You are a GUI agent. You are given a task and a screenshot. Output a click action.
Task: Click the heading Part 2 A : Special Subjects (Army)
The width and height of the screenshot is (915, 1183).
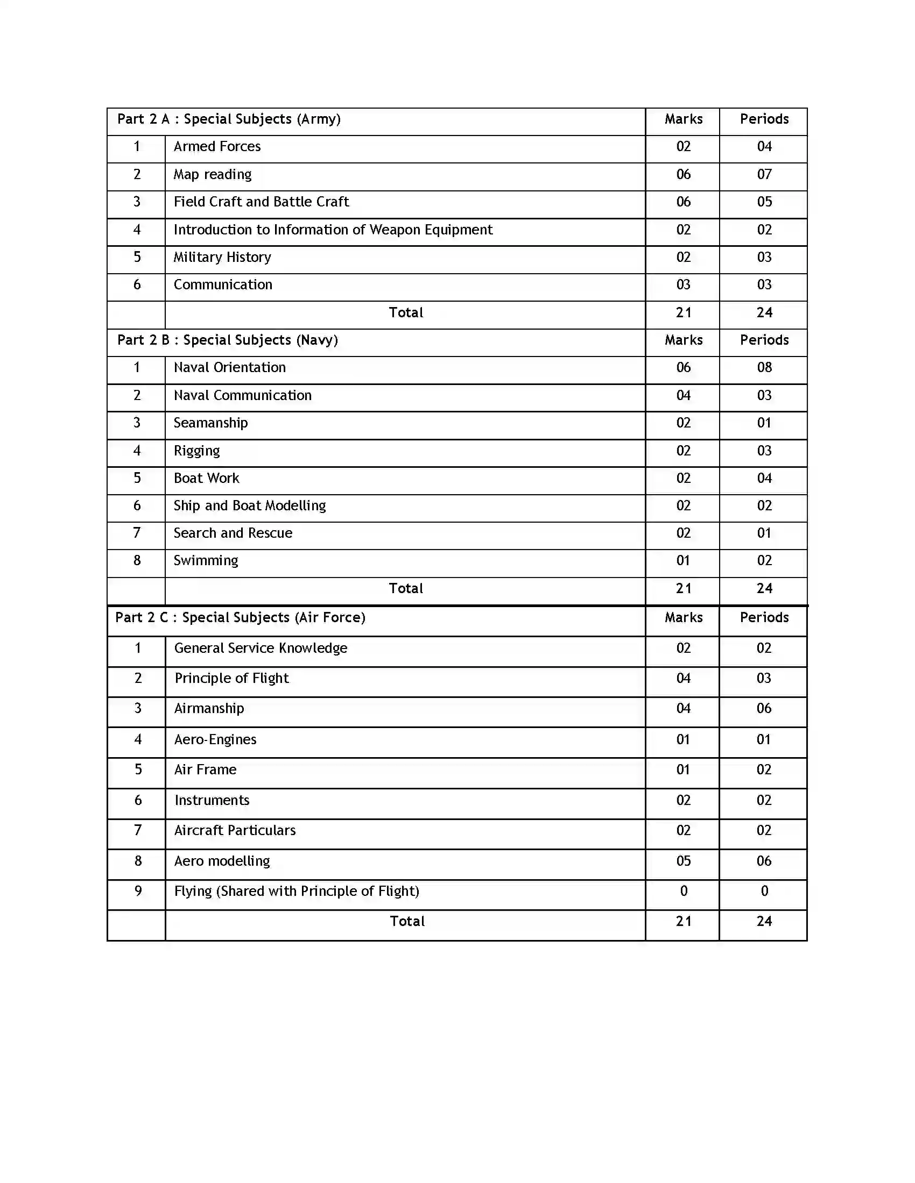pyautogui.click(x=229, y=119)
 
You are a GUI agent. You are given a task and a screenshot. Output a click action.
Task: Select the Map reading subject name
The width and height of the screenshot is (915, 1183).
pyautogui.click(x=213, y=174)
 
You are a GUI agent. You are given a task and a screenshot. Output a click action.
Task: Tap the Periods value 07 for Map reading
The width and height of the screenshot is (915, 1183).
pyautogui.click(x=764, y=174)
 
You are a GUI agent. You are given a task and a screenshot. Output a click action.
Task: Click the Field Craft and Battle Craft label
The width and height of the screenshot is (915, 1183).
pyautogui.click(x=261, y=202)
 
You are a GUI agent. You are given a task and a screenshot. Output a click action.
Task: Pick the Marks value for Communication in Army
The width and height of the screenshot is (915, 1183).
pyautogui.click(x=683, y=285)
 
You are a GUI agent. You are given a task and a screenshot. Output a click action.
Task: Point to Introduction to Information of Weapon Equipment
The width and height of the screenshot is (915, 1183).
pyautogui.click(x=333, y=230)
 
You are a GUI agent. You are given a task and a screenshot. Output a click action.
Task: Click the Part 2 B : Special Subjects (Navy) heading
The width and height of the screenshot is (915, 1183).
pyautogui.click(x=227, y=340)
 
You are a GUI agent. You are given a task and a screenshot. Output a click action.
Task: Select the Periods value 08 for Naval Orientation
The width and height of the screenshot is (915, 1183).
pyautogui.click(x=764, y=368)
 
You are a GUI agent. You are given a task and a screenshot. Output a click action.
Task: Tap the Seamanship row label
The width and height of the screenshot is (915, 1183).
pyautogui.click(x=210, y=423)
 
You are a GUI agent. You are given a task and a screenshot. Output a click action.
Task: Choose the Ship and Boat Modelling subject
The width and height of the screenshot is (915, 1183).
pyautogui.click(x=249, y=506)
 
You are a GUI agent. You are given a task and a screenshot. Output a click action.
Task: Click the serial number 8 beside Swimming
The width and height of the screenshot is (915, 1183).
pyautogui.click(x=137, y=561)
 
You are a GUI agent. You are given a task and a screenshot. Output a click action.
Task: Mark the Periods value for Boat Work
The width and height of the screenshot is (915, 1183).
pyautogui.click(x=764, y=478)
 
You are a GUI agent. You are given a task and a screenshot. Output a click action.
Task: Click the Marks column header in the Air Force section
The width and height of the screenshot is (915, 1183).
pyautogui.click(x=683, y=617)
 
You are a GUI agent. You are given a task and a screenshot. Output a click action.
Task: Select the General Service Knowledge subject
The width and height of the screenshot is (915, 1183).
pyautogui.click(x=260, y=648)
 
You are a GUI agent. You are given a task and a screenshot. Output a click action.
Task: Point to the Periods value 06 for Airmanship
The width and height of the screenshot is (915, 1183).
pyautogui.click(x=763, y=709)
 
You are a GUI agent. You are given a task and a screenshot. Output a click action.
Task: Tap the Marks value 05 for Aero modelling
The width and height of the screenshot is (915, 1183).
pyautogui.click(x=683, y=861)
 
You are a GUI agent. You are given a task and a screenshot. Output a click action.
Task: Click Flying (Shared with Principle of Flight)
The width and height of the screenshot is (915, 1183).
pyautogui.click(x=297, y=892)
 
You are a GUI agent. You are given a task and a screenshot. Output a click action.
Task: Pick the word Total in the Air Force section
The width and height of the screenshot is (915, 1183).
pyautogui.click(x=406, y=921)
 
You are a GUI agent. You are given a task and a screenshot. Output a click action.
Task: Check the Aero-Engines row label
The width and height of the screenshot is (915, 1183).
pyautogui.click(x=215, y=740)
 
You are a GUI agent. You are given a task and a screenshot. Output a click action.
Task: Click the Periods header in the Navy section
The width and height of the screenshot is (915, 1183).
pyautogui.click(x=764, y=340)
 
